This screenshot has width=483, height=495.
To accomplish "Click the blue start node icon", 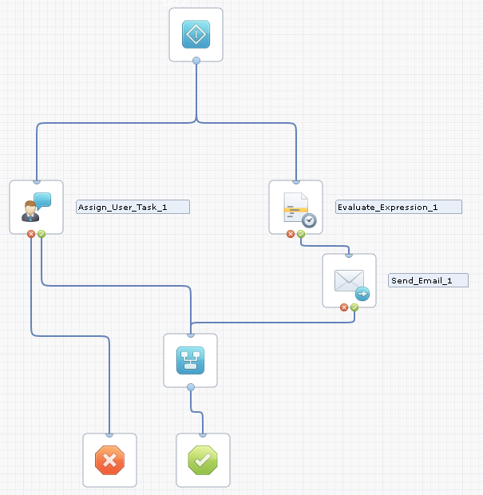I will click(196, 34).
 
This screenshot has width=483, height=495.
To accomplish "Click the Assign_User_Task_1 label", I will click(133, 207).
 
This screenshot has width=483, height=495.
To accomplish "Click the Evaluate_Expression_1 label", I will click(398, 207).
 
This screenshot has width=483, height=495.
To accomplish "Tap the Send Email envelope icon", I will click(349, 281).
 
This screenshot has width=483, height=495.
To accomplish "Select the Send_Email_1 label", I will click(428, 280).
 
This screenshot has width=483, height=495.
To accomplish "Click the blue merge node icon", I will click(190, 360).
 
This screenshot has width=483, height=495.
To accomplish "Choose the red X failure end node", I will click(109, 460).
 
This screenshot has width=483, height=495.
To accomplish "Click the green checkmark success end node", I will click(203, 460).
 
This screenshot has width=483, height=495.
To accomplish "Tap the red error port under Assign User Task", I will click(31, 234).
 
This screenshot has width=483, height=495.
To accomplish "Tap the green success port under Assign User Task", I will click(41, 234).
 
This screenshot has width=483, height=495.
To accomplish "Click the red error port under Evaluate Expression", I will click(291, 234).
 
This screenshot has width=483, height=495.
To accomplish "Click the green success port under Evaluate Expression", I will click(300, 234).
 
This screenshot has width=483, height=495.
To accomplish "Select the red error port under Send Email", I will click(344, 307).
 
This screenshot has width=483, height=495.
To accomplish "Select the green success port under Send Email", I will click(354, 307).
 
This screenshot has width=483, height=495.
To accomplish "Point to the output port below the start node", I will click(196, 61).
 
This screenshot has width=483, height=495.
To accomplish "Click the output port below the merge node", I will click(190, 387).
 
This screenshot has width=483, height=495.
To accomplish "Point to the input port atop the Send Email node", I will click(349, 255).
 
